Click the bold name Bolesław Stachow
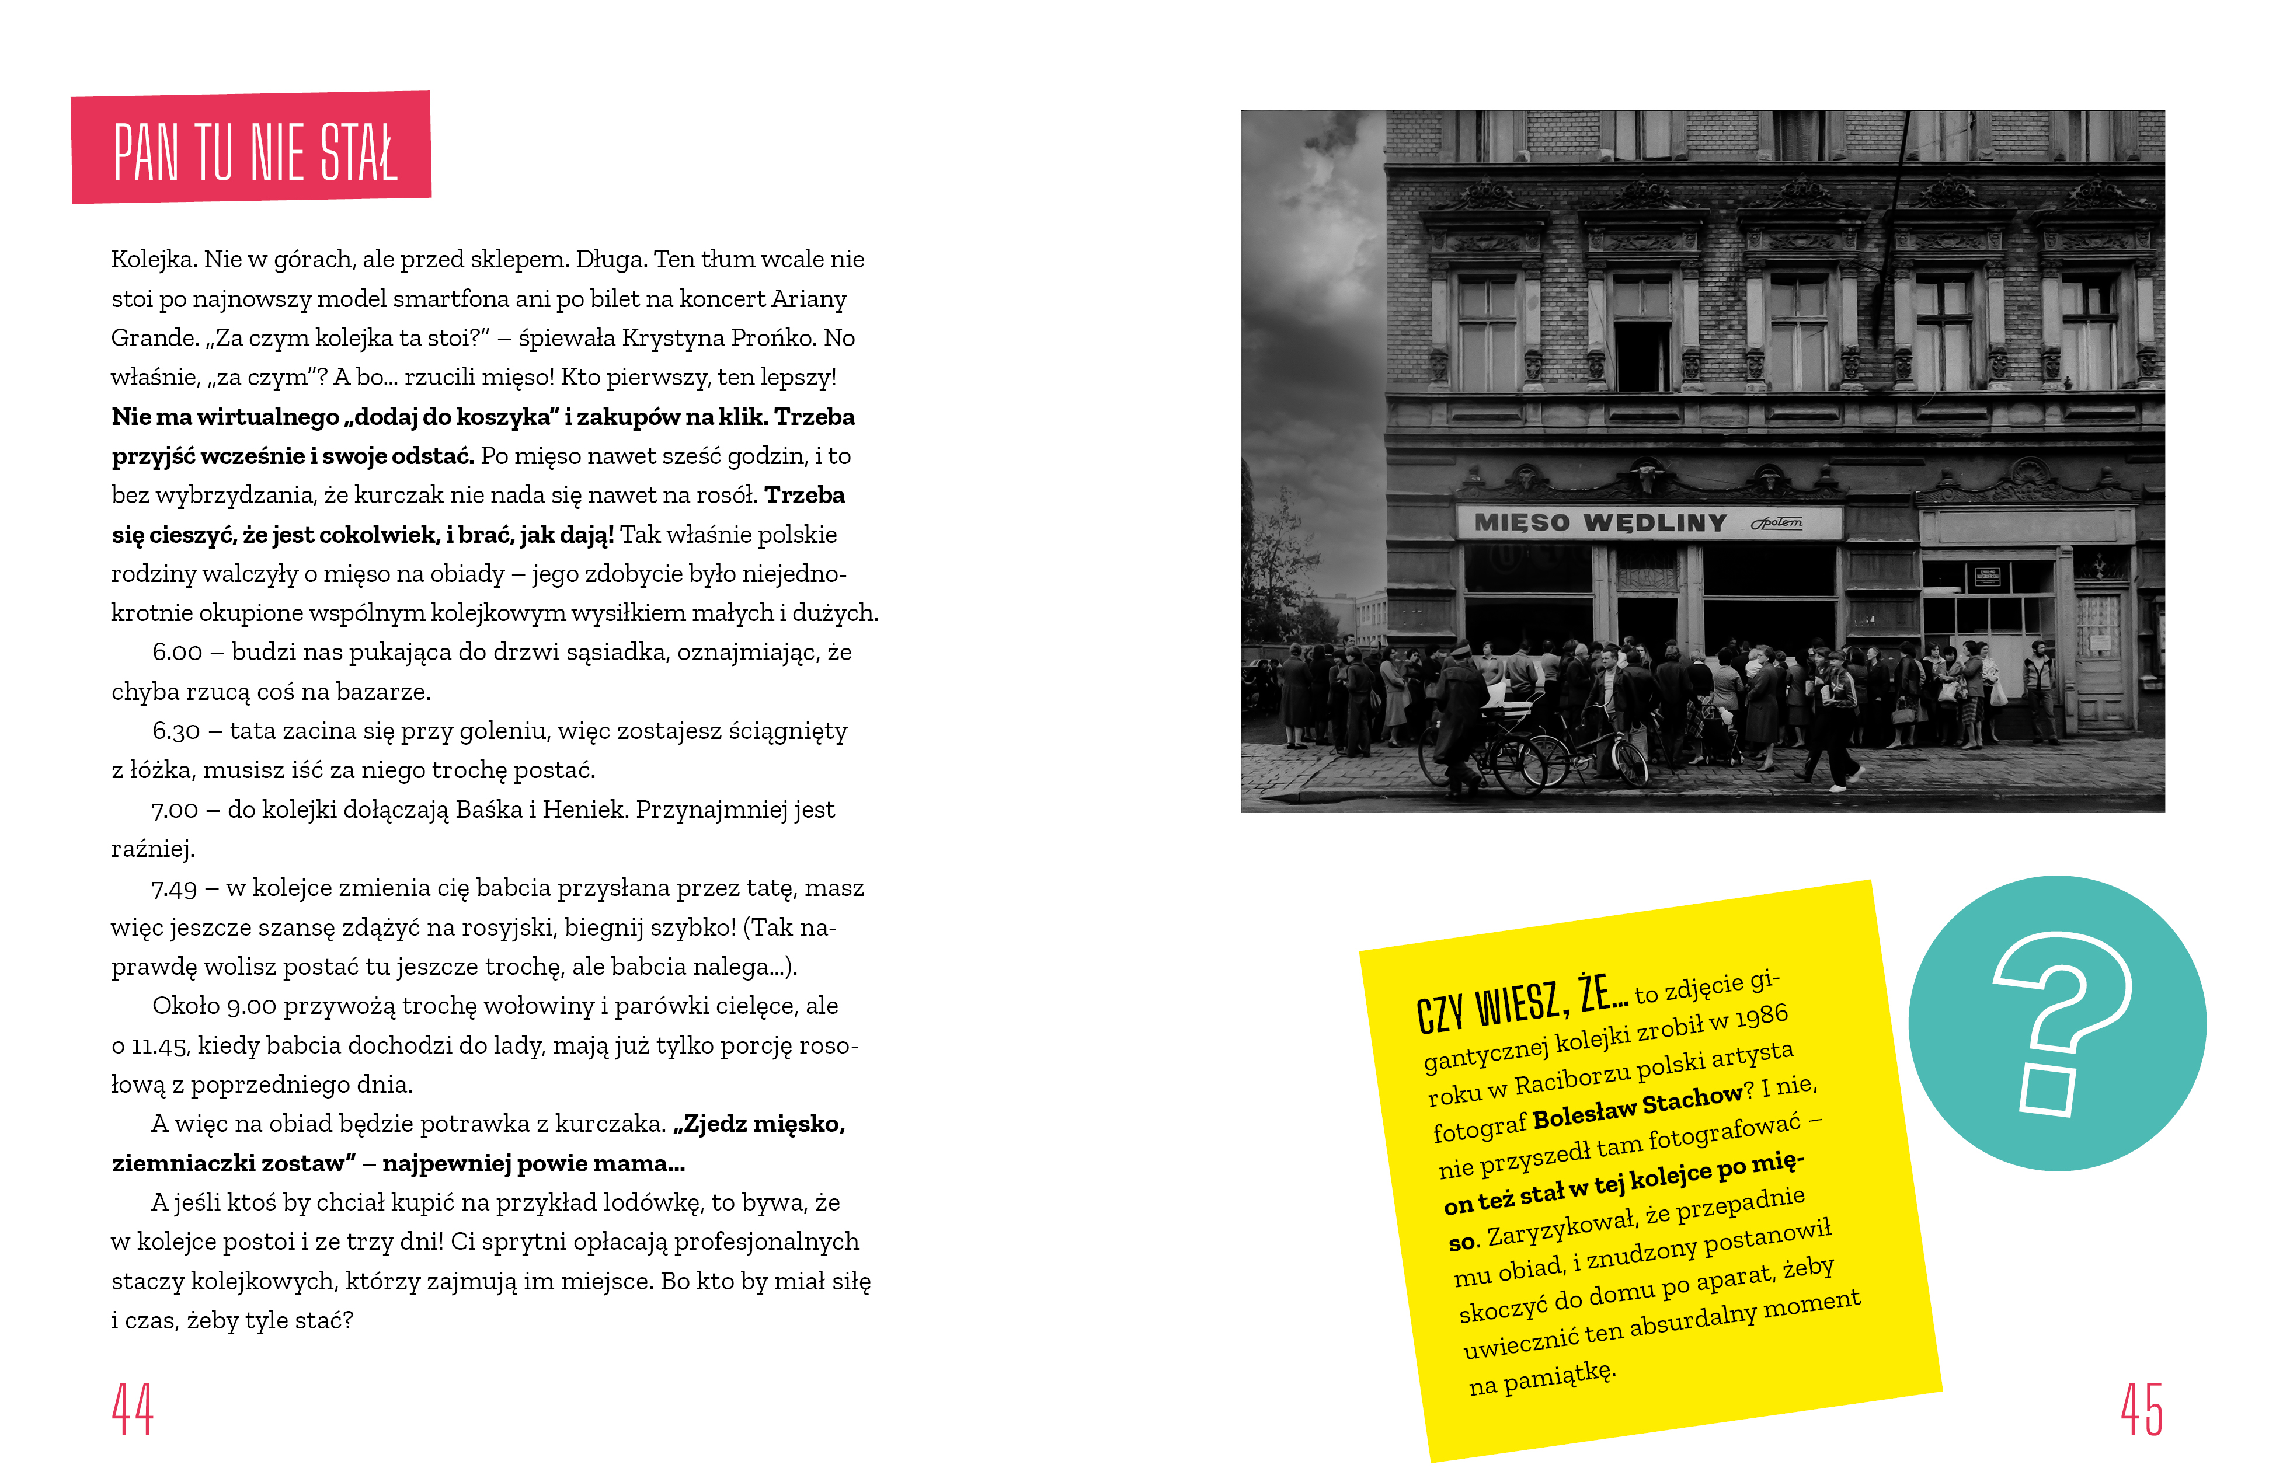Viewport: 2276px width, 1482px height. pos(1637,1107)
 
